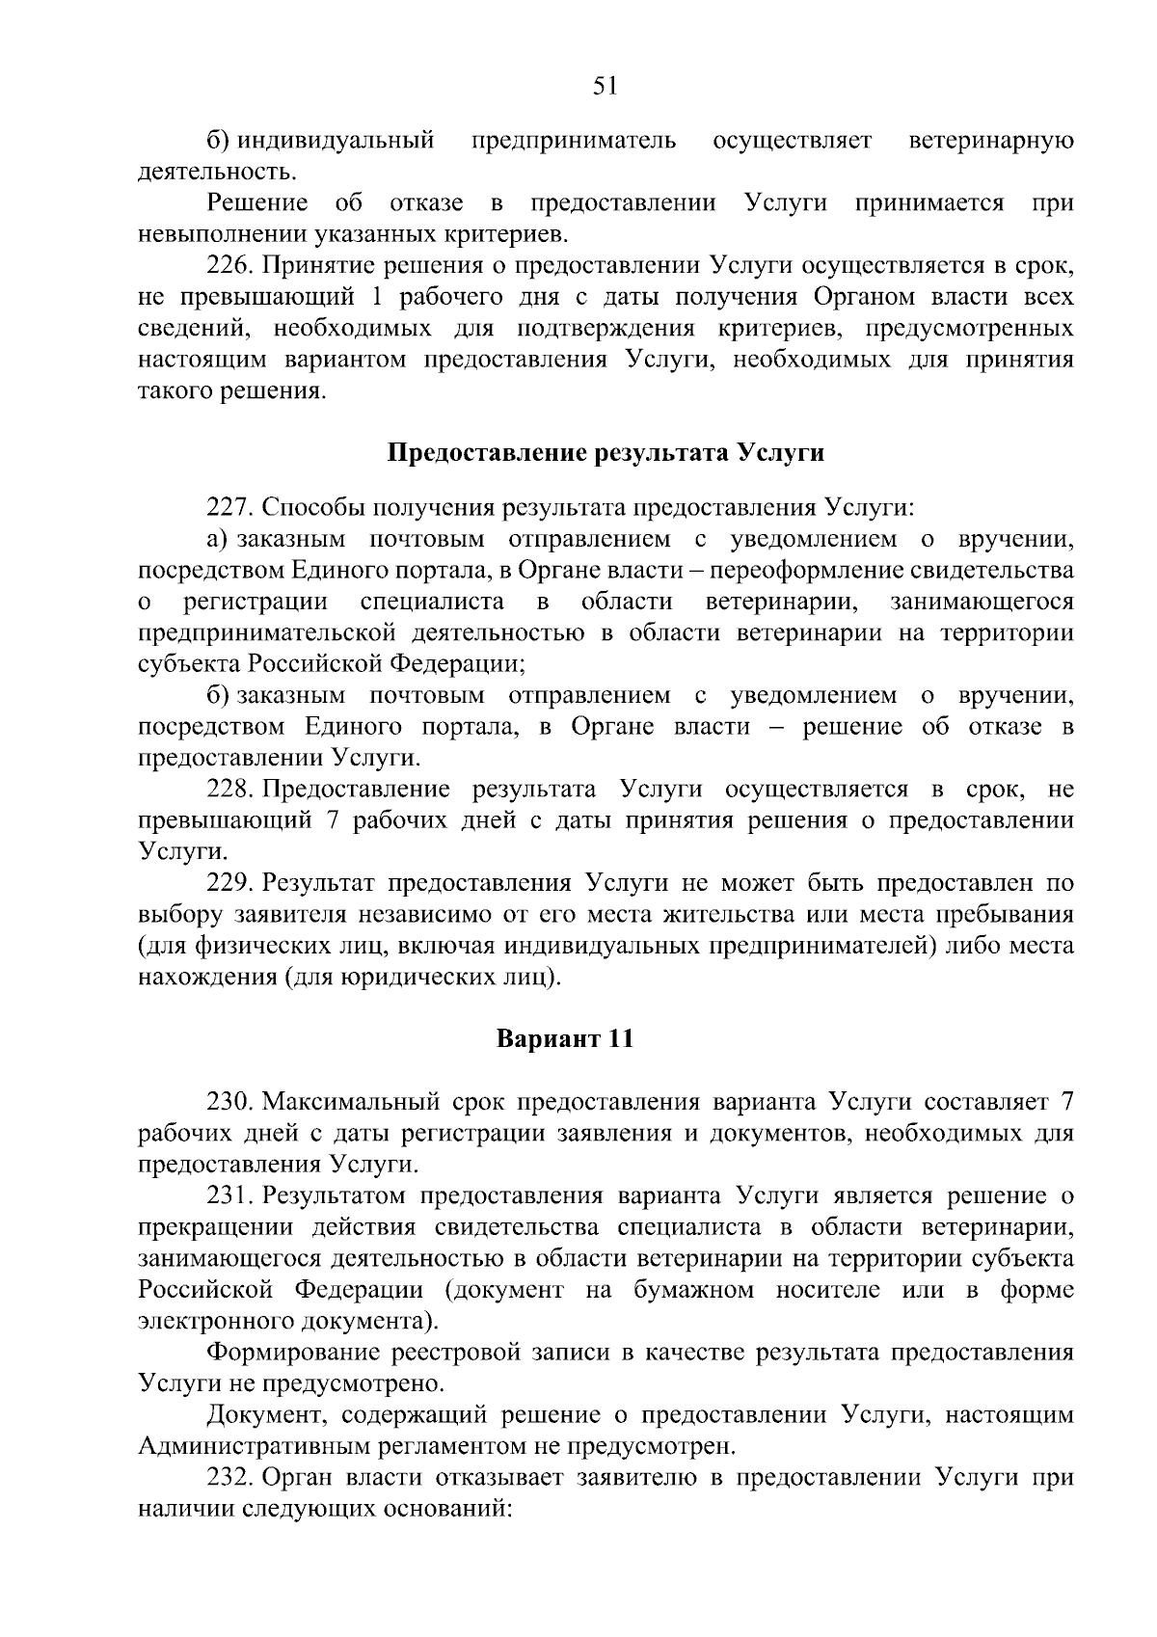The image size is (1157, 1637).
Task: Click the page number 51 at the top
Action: pos(605,87)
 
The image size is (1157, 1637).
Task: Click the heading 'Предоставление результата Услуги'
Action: pos(605,452)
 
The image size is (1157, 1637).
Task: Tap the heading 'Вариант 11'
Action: pos(565,1039)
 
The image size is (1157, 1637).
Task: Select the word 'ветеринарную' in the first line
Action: pos(992,142)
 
